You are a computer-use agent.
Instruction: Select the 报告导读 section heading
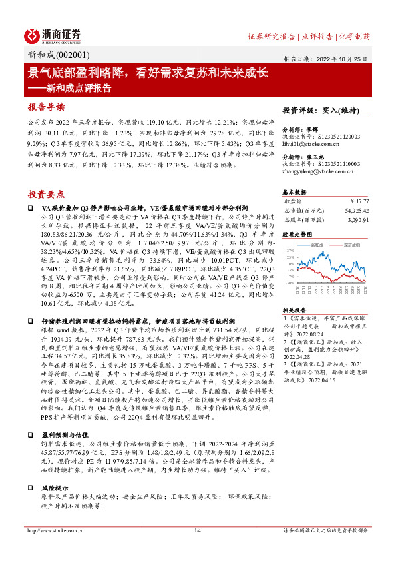tap(46, 107)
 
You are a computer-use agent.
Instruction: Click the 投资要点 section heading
tap(46, 193)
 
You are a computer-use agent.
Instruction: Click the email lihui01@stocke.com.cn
tap(311, 144)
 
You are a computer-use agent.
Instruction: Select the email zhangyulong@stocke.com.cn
tap(319, 171)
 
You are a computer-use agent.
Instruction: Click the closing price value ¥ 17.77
tap(359, 200)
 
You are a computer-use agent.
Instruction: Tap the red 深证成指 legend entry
tap(353, 245)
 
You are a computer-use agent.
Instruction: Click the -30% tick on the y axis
tap(288, 282)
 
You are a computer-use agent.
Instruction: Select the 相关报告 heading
tap(294, 311)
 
